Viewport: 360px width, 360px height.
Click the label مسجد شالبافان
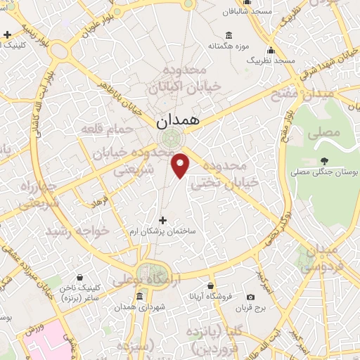tap(250, 12)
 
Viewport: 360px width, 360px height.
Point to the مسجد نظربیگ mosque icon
tap(270, 49)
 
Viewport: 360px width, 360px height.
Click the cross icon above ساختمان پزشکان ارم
tap(162, 220)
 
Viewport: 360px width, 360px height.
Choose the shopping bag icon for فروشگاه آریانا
tap(211, 285)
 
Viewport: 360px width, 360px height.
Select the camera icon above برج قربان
tap(251, 297)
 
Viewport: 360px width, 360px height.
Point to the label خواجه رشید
tap(77, 231)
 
